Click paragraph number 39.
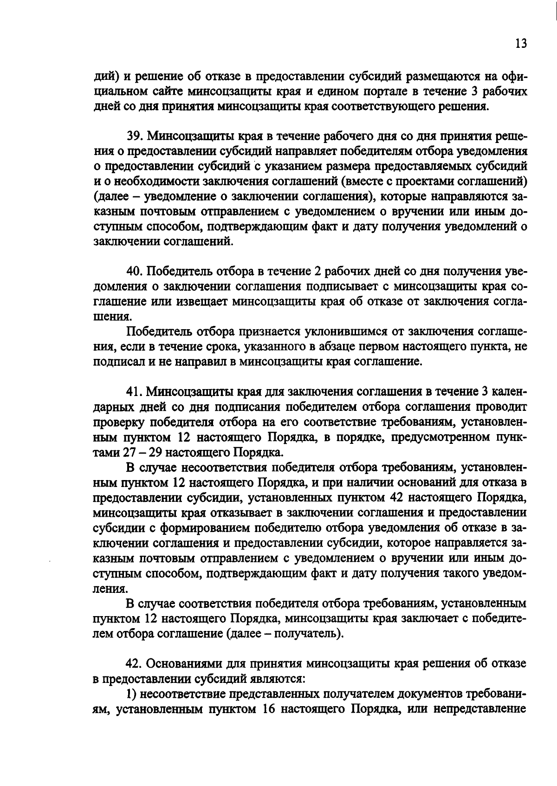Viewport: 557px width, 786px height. (135, 136)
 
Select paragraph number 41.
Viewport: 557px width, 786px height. (135, 392)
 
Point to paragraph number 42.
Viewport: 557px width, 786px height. (135, 665)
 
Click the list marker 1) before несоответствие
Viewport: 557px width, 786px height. (131, 695)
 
